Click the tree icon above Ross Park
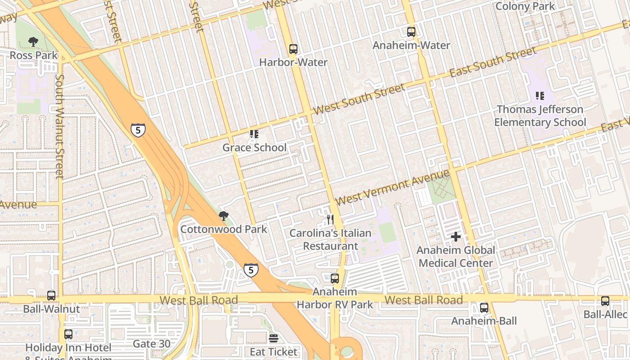click(33, 42)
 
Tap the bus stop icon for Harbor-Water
click(293, 49)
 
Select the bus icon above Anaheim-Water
click(411, 32)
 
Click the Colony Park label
click(525, 6)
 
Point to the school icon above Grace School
click(254, 134)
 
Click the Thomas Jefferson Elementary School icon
click(540, 95)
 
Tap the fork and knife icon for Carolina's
click(330, 220)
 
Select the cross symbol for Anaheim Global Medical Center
click(456, 237)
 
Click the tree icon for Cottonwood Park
click(223, 216)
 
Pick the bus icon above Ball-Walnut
click(51, 296)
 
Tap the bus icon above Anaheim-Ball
click(484, 308)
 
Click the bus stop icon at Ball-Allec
click(605, 301)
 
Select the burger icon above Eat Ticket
click(274, 338)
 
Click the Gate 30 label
click(152, 344)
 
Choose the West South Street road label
click(359, 100)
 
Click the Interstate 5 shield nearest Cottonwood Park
click(251, 270)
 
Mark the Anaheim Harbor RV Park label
click(335, 298)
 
